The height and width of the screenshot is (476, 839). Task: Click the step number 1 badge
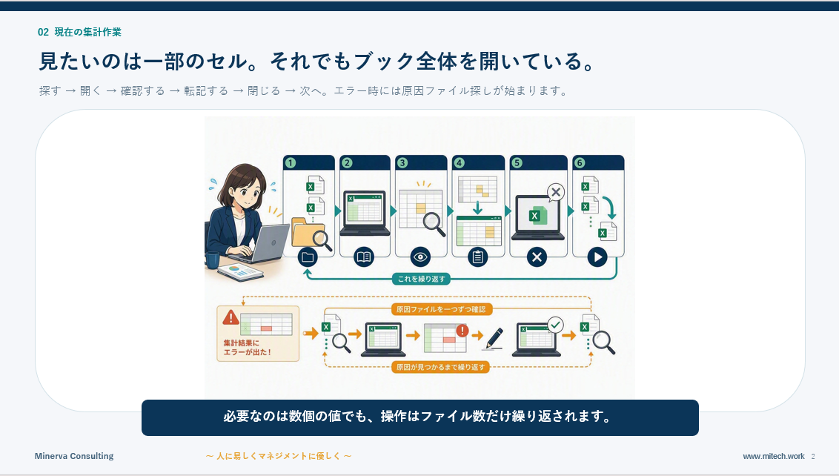point(290,163)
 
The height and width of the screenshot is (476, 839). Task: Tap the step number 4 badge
point(459,163)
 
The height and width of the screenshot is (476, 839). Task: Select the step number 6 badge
point(579,163)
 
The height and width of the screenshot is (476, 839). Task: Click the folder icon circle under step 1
point(308,257)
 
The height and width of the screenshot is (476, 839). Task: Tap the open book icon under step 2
point(364,257)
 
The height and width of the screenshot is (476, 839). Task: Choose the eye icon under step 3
point(420,257)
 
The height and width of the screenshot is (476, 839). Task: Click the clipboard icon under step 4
point(478,257)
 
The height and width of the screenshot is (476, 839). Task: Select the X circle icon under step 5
point(537,257)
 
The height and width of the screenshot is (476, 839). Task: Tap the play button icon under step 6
point(597,257)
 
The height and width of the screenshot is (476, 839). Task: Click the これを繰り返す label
point(421,279)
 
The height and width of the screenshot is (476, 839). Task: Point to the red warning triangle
point(231,317)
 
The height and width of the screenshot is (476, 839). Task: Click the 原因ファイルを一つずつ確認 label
point(441,309)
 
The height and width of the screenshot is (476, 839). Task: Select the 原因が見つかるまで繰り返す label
point(440,367)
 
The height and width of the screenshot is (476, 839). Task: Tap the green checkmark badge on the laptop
point(556,325)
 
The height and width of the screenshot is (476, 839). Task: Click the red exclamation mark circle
point(462,331)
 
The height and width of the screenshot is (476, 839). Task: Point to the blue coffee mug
point(211,260)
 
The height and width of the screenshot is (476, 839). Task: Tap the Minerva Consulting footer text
point(74,456)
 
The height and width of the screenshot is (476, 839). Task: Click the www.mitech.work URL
point(774,457)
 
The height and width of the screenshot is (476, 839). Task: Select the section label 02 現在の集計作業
point(80,32)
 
